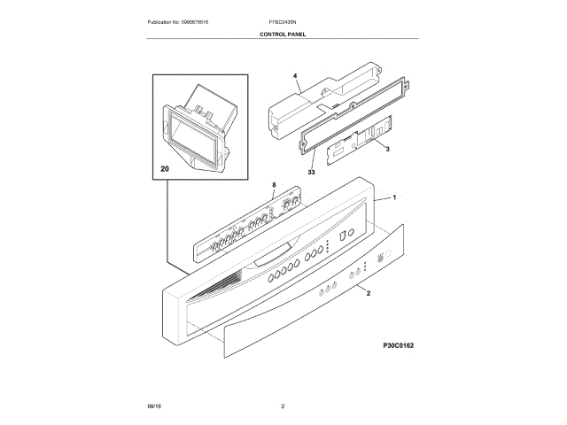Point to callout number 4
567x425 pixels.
(x=296, y=79)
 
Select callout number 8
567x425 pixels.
(x=274, y=186)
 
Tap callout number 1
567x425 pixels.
(x=394, y=197)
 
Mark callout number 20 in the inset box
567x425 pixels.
(x=166, y=168)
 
